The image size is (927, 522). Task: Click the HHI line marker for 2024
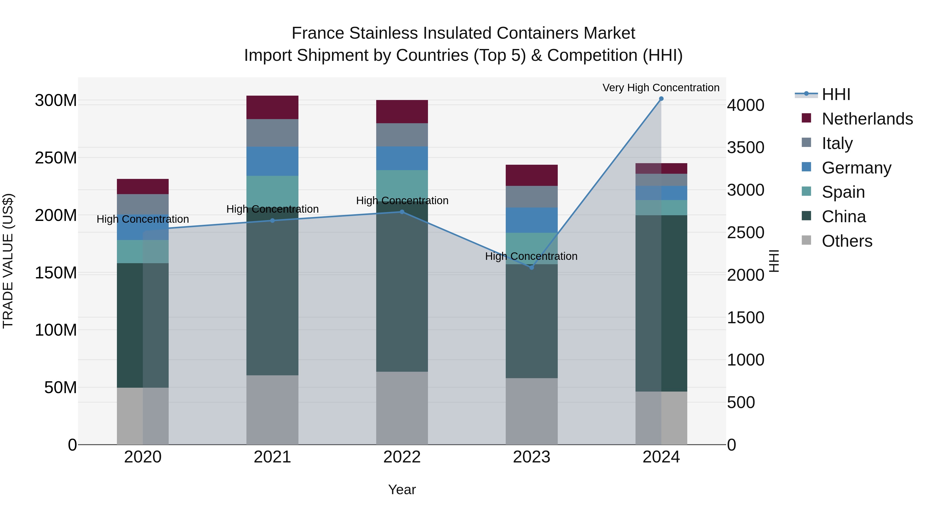(661, 99)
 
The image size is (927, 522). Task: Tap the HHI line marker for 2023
(531, 267)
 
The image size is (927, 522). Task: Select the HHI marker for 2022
(402, 212)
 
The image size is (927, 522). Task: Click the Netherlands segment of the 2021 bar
(272, 107)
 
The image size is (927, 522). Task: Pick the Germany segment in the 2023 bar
(531, 220)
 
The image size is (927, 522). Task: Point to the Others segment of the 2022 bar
(402, 408)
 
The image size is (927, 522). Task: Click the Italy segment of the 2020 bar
(143, 204)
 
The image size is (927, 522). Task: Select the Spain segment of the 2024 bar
(661, 208)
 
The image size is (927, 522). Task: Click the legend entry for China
(844, 217)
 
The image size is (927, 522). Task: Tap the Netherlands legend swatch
(806, 118)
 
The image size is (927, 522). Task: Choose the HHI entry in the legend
(836, 94)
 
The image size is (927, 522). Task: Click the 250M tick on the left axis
(56, 158)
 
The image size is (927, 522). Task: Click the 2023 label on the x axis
(531, 457)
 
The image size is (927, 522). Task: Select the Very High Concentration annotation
(661, 88)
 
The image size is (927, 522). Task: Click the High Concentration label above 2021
(272, 209)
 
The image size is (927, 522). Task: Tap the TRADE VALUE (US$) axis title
(8, 261)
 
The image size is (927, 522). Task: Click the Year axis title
(402, 490)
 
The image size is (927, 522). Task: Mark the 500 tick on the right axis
(741, 402)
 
